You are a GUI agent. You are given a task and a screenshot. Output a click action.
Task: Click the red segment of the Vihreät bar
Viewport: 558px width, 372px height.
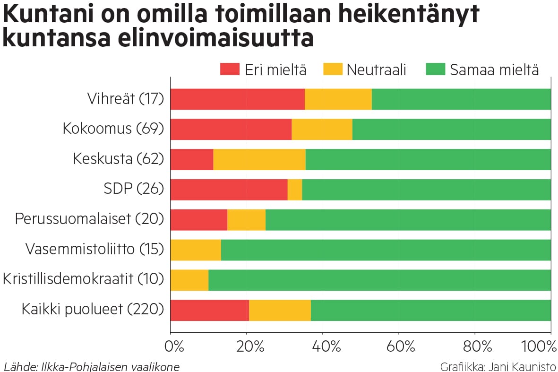point(237,99)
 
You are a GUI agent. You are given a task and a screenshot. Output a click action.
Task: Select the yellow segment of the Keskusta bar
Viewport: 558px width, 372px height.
point(259,160)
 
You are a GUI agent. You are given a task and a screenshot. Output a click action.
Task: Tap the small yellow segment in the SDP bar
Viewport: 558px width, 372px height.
point(294,190)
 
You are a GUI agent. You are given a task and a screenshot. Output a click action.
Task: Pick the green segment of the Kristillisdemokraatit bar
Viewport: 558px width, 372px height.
point(379,280)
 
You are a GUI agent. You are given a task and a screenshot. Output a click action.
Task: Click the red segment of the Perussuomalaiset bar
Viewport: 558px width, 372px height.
point(198,220)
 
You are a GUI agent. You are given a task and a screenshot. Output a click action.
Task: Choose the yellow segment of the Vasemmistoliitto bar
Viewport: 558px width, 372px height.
point(196,250)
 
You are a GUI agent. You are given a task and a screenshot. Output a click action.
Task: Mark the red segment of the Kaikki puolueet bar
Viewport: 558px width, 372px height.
point(209,311)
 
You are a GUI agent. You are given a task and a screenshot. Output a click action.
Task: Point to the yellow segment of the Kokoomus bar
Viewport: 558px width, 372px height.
point(322,130)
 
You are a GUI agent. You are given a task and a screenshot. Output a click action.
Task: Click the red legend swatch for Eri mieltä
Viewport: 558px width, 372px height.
point(230,69)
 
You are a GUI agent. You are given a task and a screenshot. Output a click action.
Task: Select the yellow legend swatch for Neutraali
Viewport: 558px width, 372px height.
point(333,69)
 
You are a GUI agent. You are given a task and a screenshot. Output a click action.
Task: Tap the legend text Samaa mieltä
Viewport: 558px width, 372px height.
point(494,70)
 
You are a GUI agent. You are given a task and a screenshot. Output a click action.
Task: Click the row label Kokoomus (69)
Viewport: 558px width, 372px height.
point(113,129)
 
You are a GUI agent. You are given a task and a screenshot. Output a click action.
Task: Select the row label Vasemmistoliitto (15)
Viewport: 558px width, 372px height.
point(94,250)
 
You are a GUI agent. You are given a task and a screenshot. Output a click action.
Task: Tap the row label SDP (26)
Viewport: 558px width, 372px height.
point(133,190)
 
